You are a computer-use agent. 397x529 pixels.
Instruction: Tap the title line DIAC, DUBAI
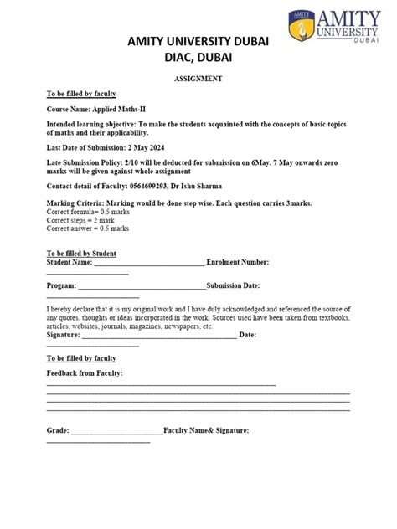click(x=198, y=57)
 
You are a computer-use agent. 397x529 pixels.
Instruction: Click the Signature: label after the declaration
click(x=63, y=334)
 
